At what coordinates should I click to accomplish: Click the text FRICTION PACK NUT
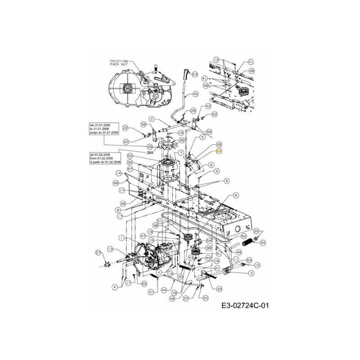119,63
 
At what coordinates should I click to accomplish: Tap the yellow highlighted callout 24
219,152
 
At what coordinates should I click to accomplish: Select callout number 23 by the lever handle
195,74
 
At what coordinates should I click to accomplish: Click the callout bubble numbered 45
195,94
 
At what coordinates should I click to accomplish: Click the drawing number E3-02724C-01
245,306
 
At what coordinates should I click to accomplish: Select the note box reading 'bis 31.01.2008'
104,129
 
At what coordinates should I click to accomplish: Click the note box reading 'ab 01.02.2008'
105,158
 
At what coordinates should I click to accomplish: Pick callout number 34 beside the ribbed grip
263,243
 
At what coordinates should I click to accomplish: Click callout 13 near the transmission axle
109,249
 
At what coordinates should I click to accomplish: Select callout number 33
219,288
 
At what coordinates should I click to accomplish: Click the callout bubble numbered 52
130,156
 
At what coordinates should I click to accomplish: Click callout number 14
118,173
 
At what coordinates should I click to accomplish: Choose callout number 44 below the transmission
164,290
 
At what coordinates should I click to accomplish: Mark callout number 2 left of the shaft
152,119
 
